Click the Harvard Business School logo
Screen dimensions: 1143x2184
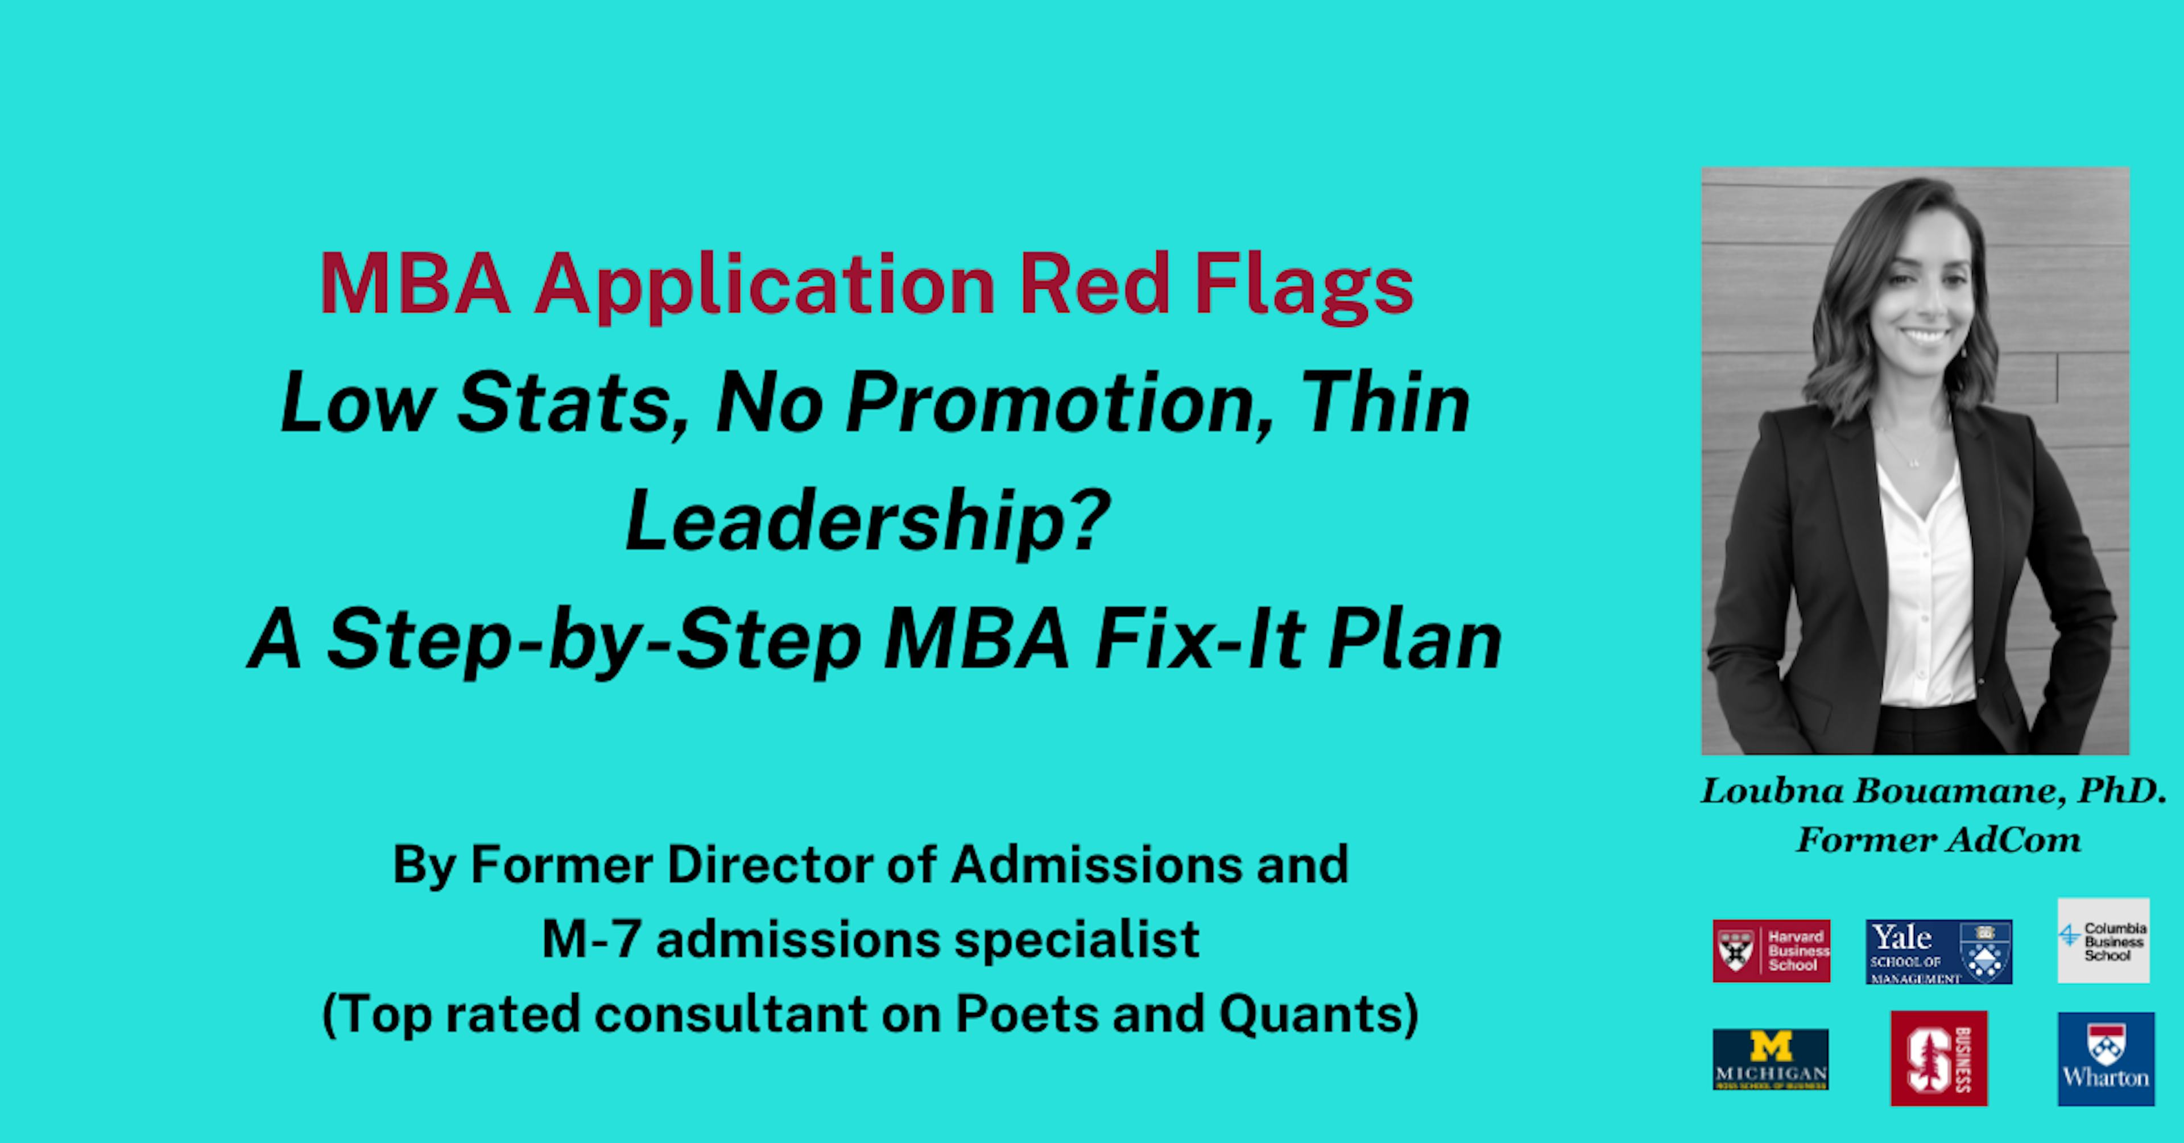pyautogui.click(x=1771, y=951)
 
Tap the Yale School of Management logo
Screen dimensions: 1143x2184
pyautogui.click(x=1938, y=951)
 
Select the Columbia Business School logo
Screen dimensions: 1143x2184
pyautogui.click(x=2103, y=941)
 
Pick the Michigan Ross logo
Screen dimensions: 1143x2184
pyautogui.click(x=1771, y=1059)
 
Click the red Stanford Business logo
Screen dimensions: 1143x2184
pyautogui.click(x=1938, y=1058)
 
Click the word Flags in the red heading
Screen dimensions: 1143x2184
pyautogui.click(x=1303, y=285)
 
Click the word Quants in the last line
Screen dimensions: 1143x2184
pyautogui.click(x=1318, y=1014)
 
